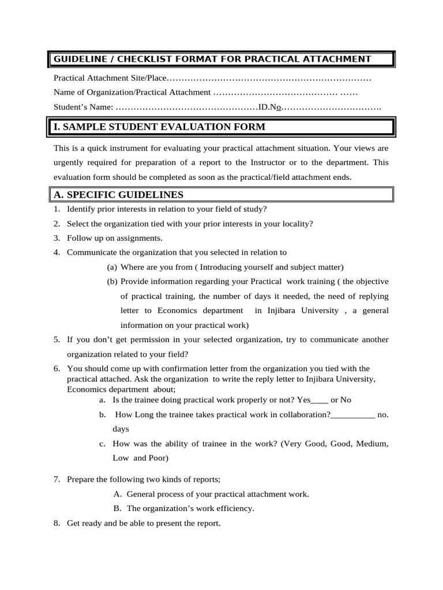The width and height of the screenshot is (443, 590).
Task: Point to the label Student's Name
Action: coord(83,107)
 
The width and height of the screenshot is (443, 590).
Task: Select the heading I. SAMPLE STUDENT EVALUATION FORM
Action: coord(159,127)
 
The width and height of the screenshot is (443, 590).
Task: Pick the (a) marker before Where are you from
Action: coord(112,267)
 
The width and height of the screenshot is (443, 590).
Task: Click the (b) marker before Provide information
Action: coord(112,282)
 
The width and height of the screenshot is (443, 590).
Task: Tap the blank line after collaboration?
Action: coord(352,414)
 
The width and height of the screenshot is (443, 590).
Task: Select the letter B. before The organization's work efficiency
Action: coord(117,509)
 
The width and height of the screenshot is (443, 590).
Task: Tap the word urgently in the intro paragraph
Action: coord(69,163)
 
